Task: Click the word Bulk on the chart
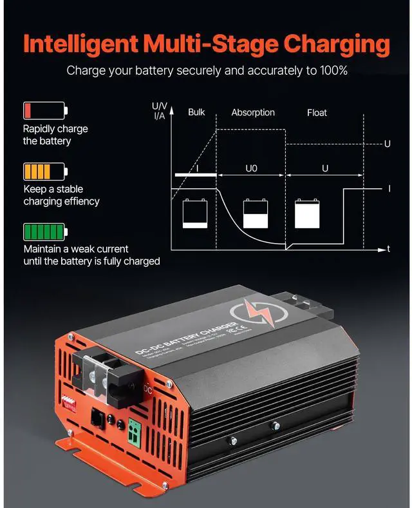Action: tap(196, 112)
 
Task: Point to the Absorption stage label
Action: tap(253, 112)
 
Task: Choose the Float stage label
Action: tap(317, 112)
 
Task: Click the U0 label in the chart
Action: tap(252, 168)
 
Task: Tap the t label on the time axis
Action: tap(388, 249)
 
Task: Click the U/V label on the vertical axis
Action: tap(160, 105)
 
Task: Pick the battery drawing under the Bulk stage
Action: tap(194, 213)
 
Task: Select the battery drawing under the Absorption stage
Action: tap(255, 213)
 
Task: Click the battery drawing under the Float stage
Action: tap(308, 212)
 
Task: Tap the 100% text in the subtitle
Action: tap(332, 70)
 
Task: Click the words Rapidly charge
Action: tap(55, 128)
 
